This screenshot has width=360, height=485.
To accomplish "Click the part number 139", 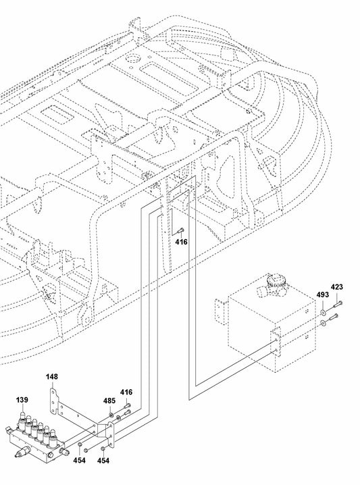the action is [22, 400].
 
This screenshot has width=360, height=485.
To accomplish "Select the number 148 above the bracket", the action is [52, 377].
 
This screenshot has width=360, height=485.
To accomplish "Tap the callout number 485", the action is [109, 401].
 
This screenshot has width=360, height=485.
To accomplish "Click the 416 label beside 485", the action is [126, 392].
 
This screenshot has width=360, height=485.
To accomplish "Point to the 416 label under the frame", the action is [181, 242].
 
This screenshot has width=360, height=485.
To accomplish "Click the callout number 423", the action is [337, 287].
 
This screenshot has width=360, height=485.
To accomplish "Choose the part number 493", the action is [323, 295].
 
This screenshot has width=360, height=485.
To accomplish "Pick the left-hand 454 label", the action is [80, 461].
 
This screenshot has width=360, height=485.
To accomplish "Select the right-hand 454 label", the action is [103, 461].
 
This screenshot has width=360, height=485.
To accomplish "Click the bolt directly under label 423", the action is [338, 304].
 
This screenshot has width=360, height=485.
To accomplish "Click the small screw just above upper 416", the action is [180, 230].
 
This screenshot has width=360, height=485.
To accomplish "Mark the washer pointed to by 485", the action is [111, 414].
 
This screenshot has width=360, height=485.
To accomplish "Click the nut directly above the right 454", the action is [103, 449].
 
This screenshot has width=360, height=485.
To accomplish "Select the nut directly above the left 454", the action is [80, 444].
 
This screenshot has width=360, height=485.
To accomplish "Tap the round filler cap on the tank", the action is [276, 282].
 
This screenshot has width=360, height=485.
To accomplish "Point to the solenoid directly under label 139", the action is [22, 422].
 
